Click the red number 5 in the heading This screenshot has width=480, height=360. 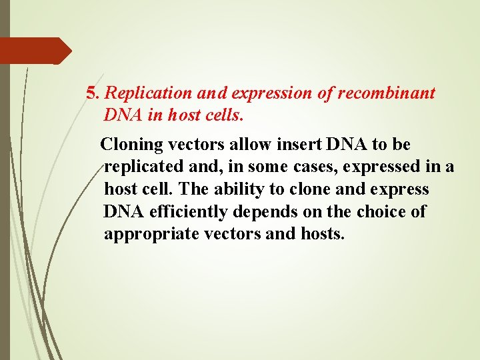[x=92, y=93]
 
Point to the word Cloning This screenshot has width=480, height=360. [x=130, y=144]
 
